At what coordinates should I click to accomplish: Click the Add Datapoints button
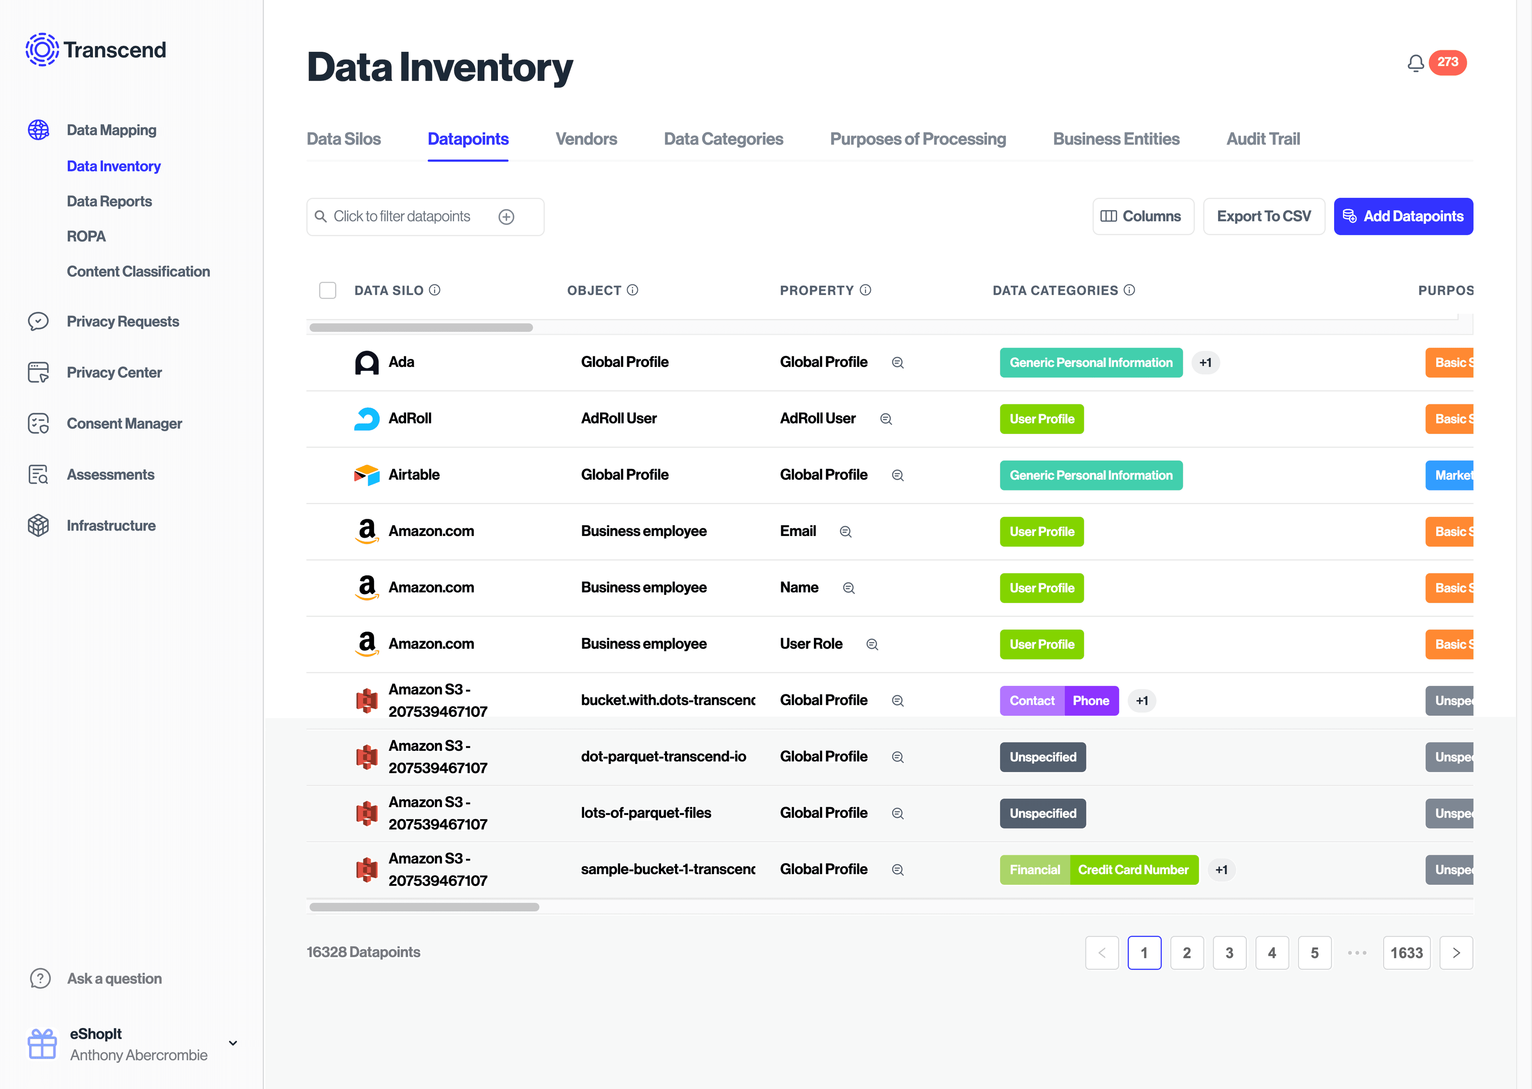tap(1403, 217)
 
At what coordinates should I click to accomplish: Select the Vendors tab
tap(586, 139)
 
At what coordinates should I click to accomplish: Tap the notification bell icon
tap(1415, 63)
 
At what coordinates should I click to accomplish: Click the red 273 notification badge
tap(1447, 62)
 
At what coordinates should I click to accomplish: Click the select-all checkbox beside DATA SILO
tap(327, 290)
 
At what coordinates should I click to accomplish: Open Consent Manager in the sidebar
tap(124, 424)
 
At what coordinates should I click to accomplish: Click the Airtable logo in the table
tap(366, 475)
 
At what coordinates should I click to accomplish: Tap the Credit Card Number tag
tap(1133, 870)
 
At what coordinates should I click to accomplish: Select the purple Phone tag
tap(1091, 701)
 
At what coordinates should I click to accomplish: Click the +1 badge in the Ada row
tap(1205, 363)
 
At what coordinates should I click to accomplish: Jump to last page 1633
tap(1406, 953)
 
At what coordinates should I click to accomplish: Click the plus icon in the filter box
tap(506, 217)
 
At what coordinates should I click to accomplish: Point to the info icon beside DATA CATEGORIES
tap(1129, 290)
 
